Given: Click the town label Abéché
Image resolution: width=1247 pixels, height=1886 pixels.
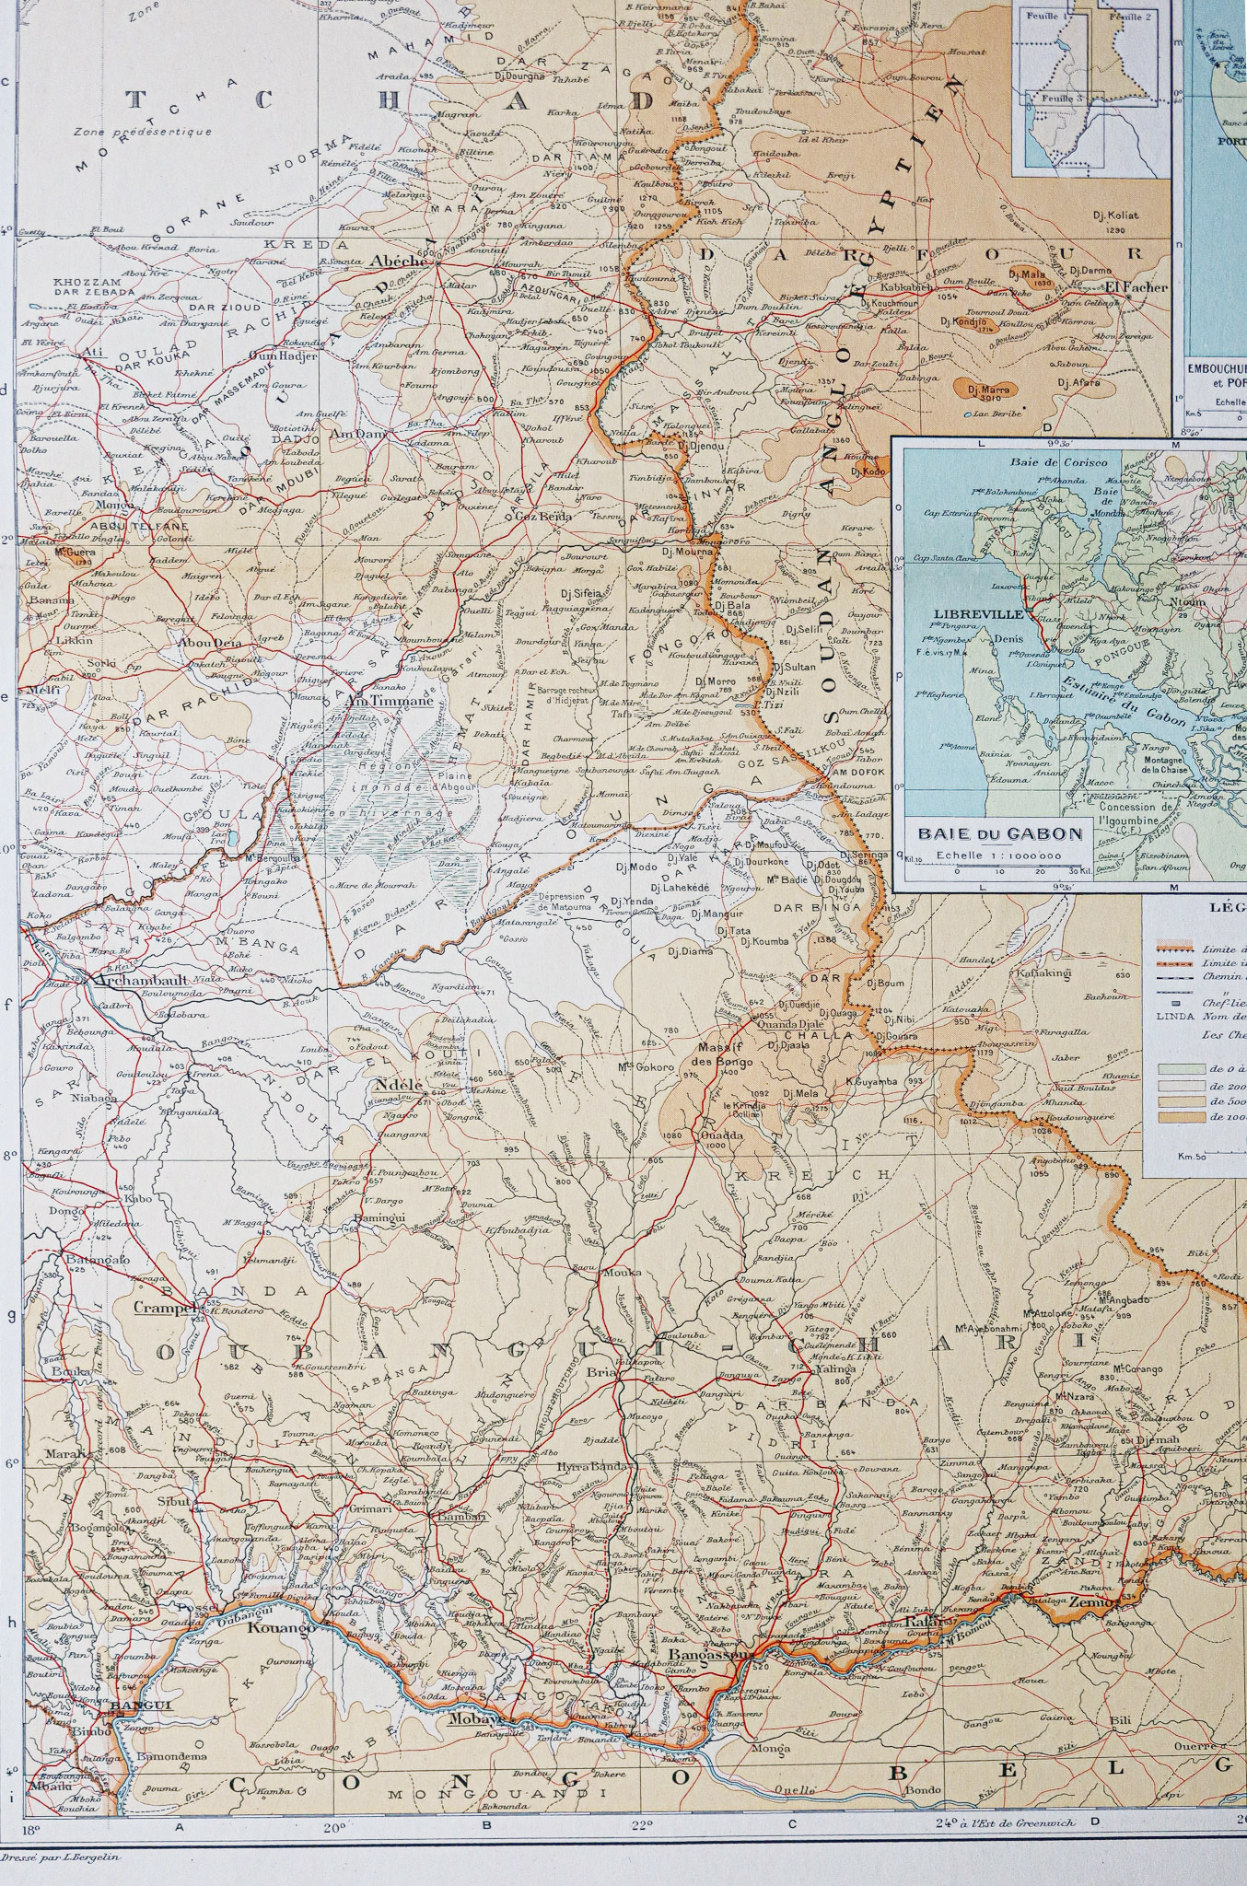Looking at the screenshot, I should tap(398, 261).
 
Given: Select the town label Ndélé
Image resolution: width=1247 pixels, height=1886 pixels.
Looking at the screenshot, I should tap(398, 1085).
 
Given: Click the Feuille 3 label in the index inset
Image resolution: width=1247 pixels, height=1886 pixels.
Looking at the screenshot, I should tap(1055, 96).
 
